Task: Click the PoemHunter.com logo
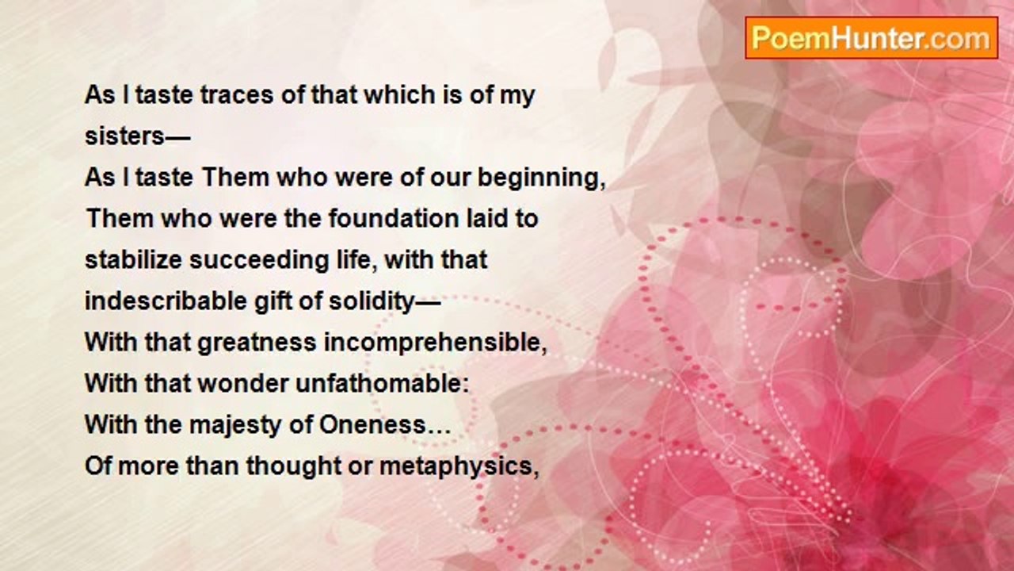click(x=871, y=38)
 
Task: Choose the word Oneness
click(x=372, y=424)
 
